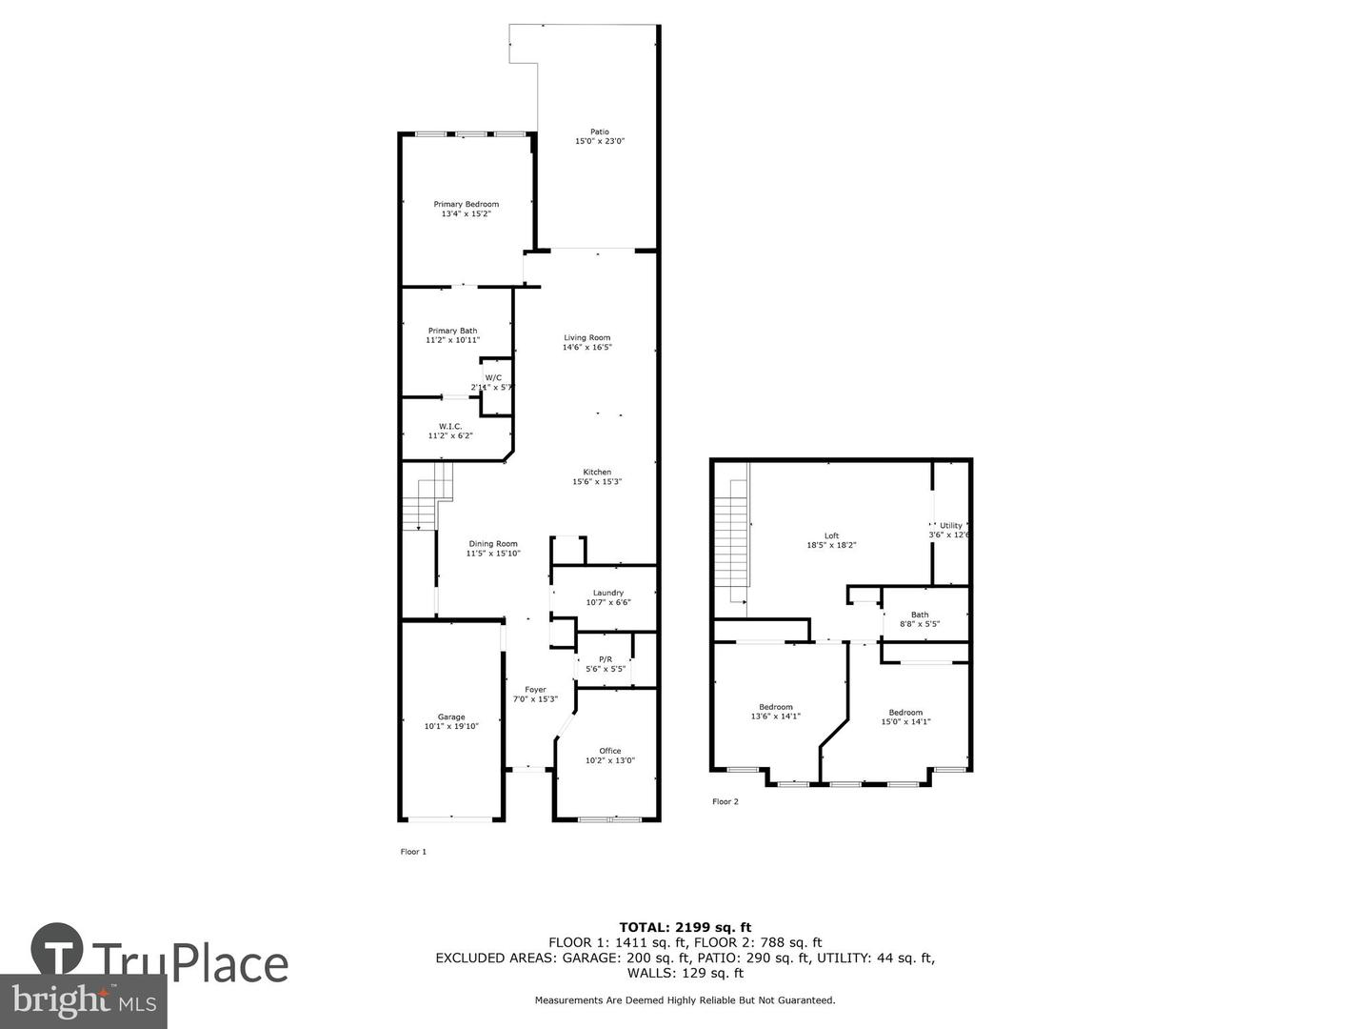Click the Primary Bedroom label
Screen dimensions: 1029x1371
tap(466, 204)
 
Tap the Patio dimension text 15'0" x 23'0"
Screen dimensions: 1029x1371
tap(599, 142)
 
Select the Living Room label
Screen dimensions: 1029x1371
tap(586, 337)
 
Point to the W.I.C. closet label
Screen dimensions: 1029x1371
tap(450, 426)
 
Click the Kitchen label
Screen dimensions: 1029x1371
tap(597, 473)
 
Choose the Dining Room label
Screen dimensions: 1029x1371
tap(493, 544)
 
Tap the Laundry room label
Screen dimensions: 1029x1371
tap(607, 593)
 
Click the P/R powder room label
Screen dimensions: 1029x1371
tap(606, 659)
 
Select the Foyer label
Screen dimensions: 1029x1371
tap(535, 690)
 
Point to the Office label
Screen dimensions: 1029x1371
tap(609, 751)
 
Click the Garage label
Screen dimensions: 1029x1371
tap(451, 716)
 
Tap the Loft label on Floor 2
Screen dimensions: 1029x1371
tap(831, 535)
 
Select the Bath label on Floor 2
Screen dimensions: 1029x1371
tap(920, 615)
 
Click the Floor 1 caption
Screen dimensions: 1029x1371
tap(413, 852)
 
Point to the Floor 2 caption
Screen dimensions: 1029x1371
tap(725, 801)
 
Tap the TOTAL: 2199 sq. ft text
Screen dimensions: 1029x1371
tap(685, 927)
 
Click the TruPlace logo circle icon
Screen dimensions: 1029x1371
tap(56, 949)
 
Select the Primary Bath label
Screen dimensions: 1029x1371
tap(452, 331)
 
